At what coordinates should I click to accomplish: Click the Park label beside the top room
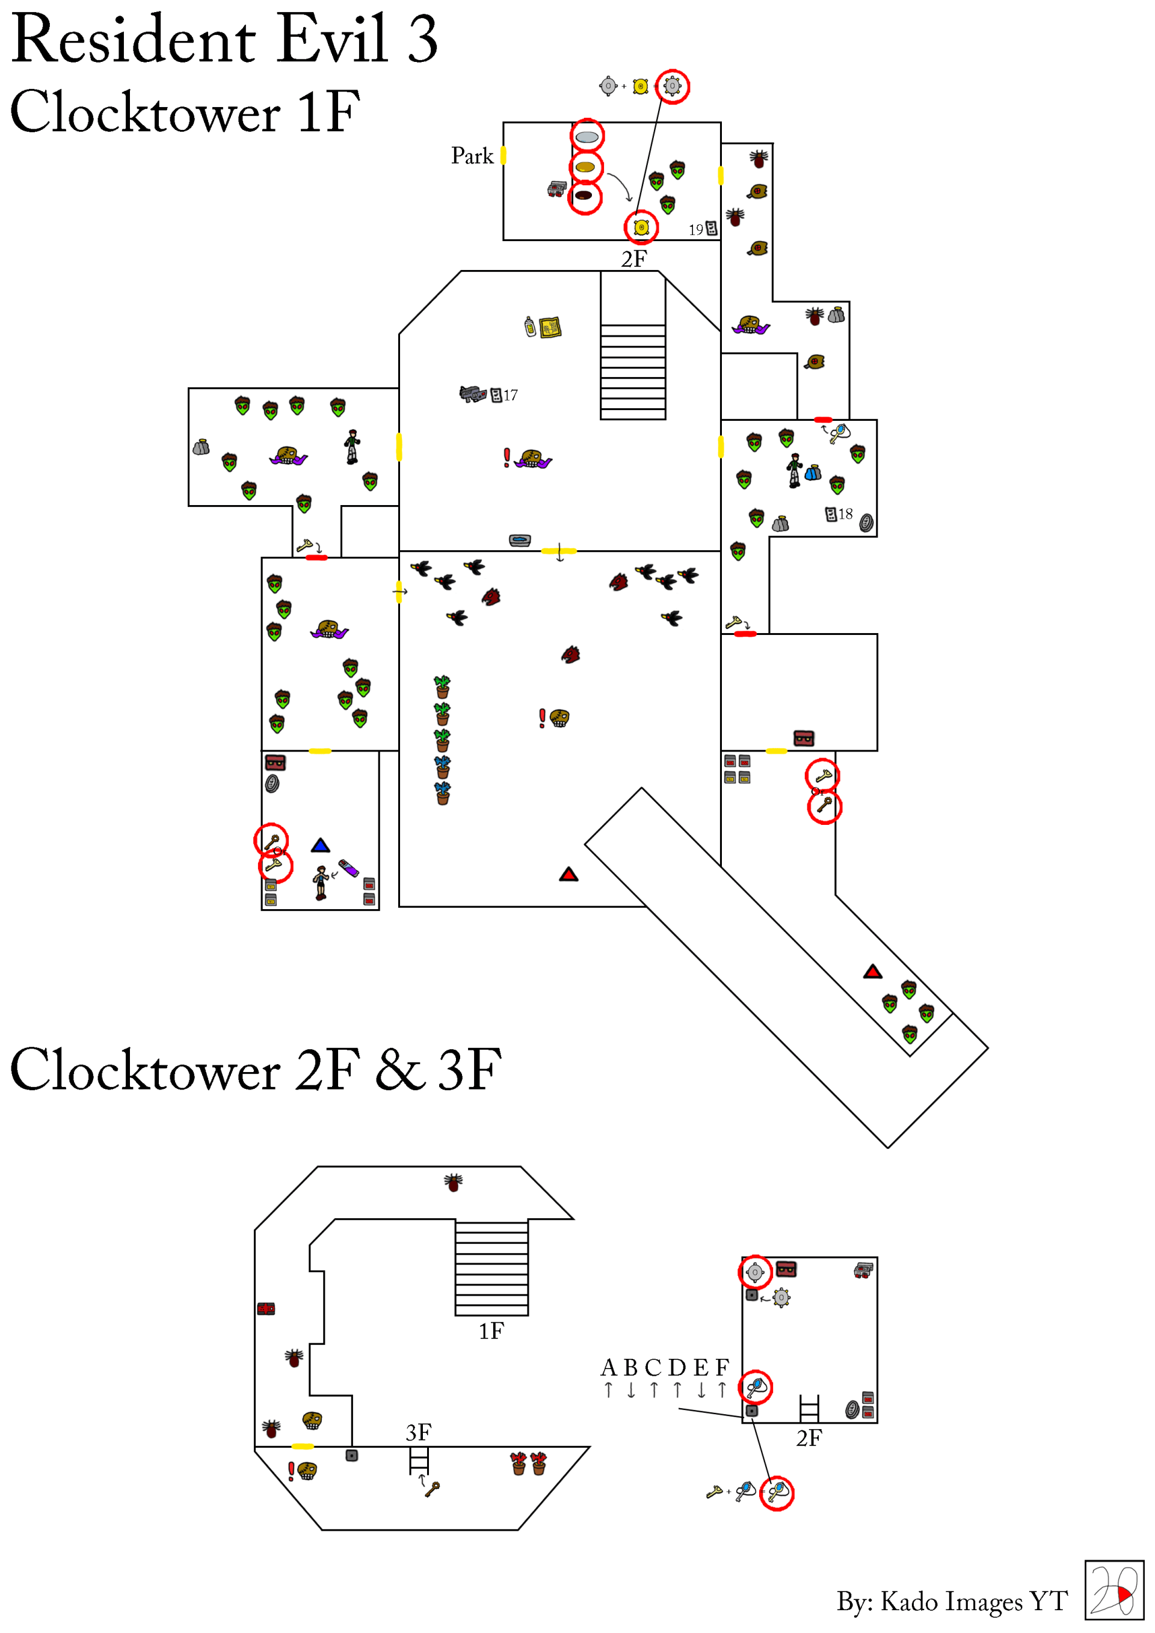472,156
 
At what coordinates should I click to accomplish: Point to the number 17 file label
510,396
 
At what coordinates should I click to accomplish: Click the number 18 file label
845,513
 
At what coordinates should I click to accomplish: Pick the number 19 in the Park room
695,230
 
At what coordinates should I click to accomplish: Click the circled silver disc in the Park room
587,136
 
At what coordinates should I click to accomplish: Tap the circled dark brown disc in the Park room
584,195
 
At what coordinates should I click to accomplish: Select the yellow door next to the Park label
503,155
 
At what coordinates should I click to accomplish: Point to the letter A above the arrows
608,1367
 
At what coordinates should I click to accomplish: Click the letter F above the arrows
722,1367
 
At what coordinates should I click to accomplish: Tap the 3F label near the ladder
419,1432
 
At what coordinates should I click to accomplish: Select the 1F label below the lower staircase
491,1331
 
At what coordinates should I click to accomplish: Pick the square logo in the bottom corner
1113,1590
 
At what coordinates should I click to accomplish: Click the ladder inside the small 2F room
809,1408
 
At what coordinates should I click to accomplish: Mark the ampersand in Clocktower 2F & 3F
400,1070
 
